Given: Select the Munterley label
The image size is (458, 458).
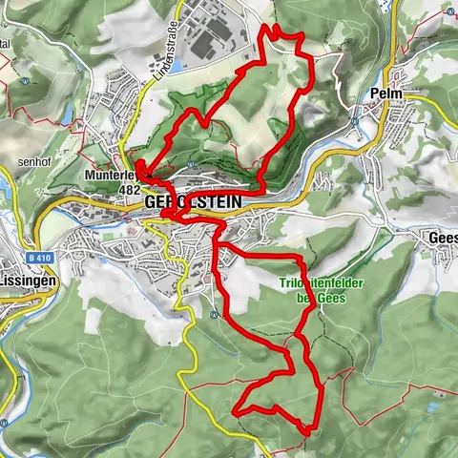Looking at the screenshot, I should pos(112,177).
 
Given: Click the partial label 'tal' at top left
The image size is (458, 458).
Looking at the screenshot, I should pos(8,45).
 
